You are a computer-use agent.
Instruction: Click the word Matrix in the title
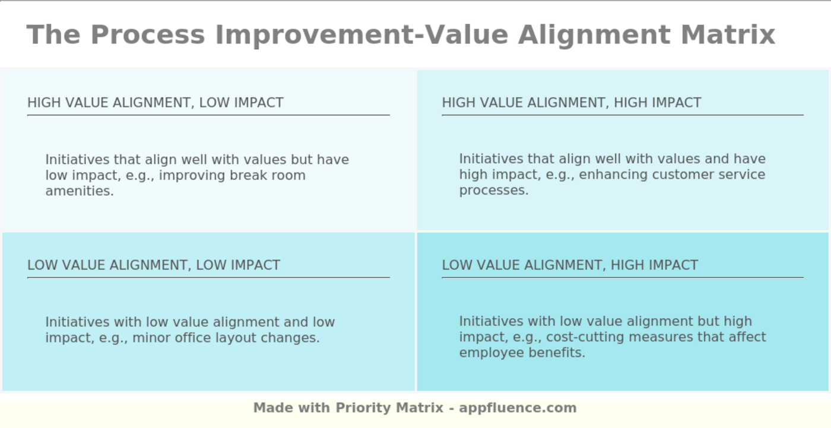(728, 35)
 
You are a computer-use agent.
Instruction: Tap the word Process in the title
(148, 35)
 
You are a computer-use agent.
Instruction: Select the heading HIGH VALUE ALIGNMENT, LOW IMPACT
(156, 103)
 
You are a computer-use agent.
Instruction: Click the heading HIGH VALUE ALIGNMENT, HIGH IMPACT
(572, 103)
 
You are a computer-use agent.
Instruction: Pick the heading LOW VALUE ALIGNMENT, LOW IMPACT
(154, 265)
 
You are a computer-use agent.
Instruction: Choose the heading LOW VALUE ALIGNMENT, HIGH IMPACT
(570, 265)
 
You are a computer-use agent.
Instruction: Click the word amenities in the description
(80, 191)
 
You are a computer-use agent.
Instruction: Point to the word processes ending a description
(494, 191)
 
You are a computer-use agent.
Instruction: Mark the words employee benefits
(522, 353)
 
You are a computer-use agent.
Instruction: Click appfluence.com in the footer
(518, 408)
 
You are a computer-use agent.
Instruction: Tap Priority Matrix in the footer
(389, 408)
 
